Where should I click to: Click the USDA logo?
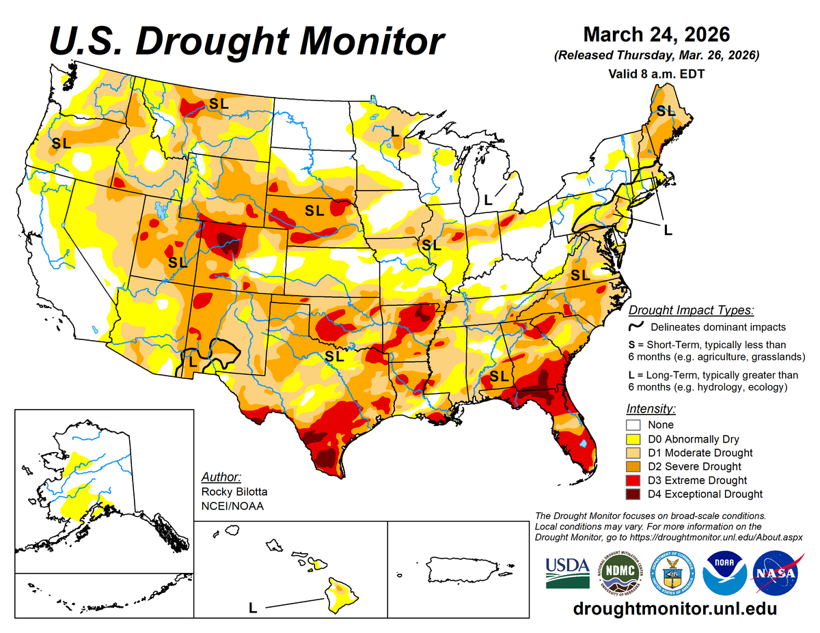coord(567,572)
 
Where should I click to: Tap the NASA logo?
coord(777,572)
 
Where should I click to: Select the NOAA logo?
coord(724,572)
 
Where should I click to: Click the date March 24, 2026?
coord(656,34)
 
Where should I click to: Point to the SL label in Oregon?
coord(61,143)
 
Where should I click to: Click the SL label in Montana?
coord(219,104)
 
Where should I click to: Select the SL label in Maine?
coord(665,110)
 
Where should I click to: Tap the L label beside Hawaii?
coord(252,606)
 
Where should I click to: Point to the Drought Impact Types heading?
coord(691,310)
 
